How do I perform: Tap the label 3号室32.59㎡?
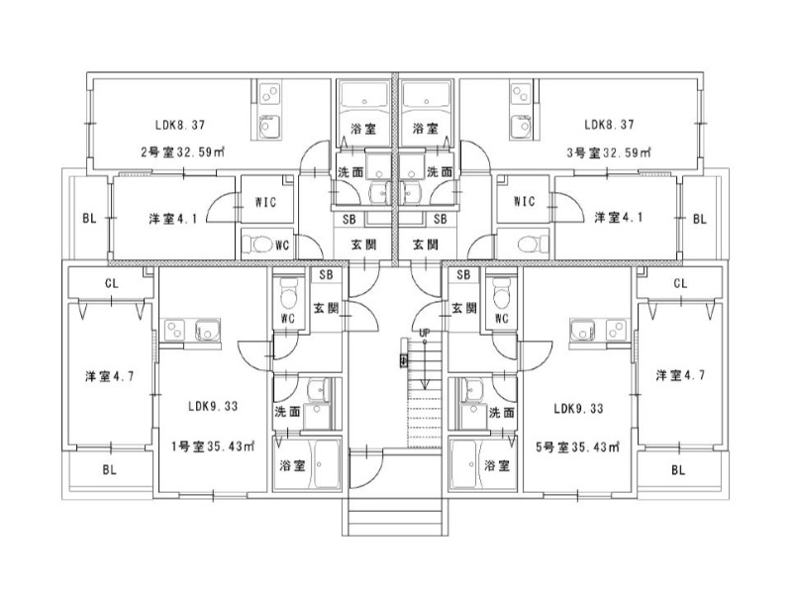(609, 153)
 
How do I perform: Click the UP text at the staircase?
(424, 333)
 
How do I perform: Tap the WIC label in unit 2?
(264, 202)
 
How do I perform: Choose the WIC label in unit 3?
(525, 202)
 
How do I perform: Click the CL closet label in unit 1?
(112, 284)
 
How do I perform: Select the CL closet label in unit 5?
(680, 284)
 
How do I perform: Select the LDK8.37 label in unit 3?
(609, 126)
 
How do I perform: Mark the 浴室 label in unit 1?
(291, 464)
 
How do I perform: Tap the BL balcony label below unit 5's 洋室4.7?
(679, 470)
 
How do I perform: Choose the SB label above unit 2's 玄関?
(349, 219)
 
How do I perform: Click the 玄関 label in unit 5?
(464, 308)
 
